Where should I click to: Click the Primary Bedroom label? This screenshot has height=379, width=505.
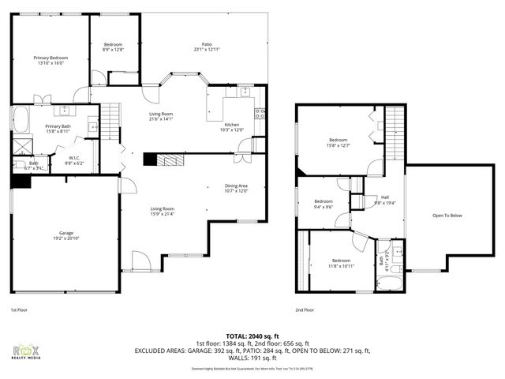pyautogui.click(x=50, y=61)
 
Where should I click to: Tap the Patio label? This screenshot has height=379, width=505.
pyautogui.click(x=207, y=47)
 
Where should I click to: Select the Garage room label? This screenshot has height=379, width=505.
pyautogui.click(x=66, y=235)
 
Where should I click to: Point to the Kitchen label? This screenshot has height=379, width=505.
pyautogui.click(x=232, y=128)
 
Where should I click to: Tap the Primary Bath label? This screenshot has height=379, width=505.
pyautogui.click(x=58, y=129)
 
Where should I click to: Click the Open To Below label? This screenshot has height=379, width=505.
pyautogui.click(x=447, y=216)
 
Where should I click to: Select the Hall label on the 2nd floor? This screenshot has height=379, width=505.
pyautogui.click(x=385, y=199)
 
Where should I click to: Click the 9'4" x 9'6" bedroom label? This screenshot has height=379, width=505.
pyautogui.click(x=324, y=204)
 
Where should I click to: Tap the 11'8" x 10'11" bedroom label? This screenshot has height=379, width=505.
pyautogui.click(x=341, y=263)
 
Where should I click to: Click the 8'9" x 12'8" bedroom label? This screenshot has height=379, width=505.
pyautogui.click(x=114, y=47)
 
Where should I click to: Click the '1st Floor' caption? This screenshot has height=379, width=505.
pyautogui.click(x=20, y=310)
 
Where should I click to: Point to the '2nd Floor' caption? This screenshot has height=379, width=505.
pyautogui.click(x=305, y=310)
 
